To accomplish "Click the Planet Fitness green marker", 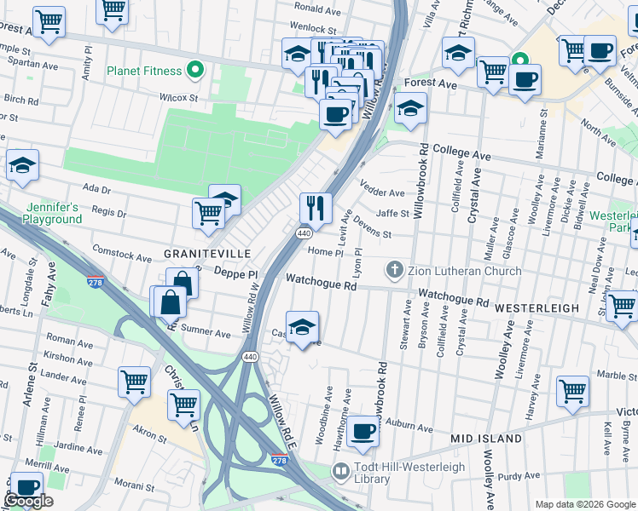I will point(195,71).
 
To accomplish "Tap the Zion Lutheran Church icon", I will point(393,271).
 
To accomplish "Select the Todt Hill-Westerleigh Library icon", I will point(340,471).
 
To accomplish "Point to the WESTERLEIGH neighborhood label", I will point(537,307).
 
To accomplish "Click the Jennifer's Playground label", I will point(53,213).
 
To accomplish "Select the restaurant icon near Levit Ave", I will point(315,206).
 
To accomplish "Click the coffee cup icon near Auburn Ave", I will point(362,431).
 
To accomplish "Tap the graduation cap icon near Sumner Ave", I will point(301,327).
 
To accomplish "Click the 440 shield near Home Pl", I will point(304,233).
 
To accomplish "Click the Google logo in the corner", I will point(28,501).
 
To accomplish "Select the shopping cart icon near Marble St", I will point(572,391).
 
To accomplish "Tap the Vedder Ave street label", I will point(382,193).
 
